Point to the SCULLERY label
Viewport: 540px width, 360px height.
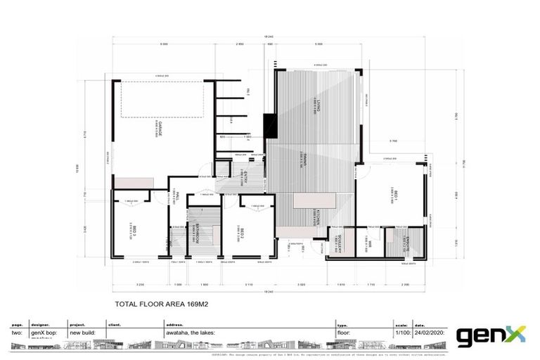338,246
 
